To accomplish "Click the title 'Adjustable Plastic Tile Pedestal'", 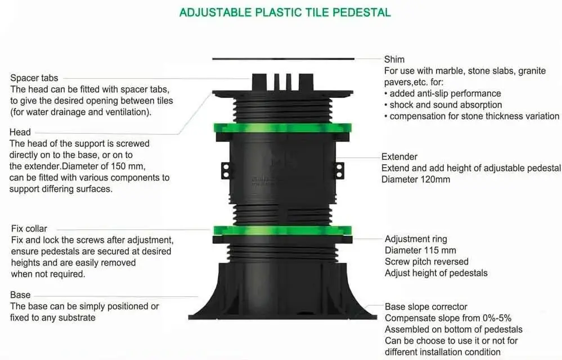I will coord(285,12).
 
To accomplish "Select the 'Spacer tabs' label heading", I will coord(34,78).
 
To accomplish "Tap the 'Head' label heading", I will coord(20,132).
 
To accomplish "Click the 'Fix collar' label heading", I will coord(29,229).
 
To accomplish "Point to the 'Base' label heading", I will coord(20,295).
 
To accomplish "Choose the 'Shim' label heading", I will coord(394,59).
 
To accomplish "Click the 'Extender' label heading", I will coord(399,157).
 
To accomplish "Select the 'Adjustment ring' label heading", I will coord(416,239).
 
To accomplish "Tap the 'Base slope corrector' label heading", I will coord(426,307).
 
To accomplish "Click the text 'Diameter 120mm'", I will coord(416,179).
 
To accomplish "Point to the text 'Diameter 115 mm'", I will coord(420,250).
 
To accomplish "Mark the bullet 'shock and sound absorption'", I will coord(446,105).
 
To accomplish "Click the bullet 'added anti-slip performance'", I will coord(445,93).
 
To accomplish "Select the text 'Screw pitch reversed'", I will coord(426,262).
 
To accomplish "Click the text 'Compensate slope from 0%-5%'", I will coord(448,318).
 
